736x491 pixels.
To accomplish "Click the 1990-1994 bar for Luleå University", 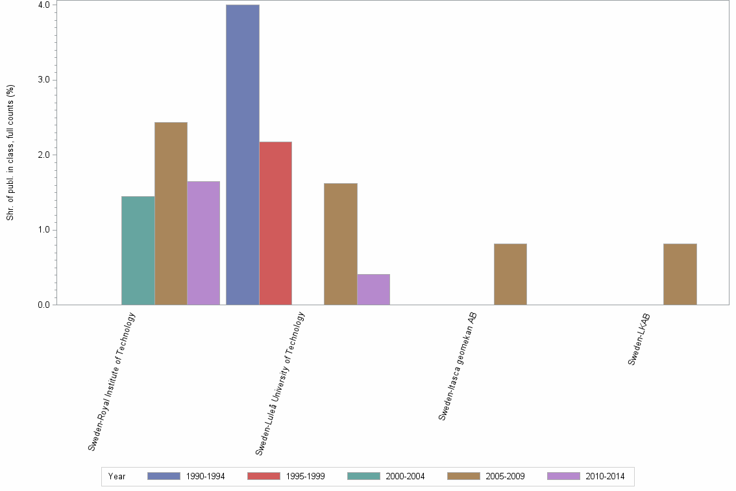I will point(243,155).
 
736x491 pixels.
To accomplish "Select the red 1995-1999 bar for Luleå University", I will point(275,223).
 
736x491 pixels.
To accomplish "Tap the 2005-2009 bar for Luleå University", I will point(340,244).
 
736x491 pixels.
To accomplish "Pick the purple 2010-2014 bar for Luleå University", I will point(373,289).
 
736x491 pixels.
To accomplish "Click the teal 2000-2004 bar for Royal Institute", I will point(138,250).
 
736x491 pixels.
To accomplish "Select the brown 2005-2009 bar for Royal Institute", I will point(171,213).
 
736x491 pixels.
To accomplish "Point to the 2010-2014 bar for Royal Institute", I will point(203,243).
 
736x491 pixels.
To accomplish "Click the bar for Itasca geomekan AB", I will point(510,274).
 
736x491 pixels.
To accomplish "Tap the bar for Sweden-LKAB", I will point(680,274).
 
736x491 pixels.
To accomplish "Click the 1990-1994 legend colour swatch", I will point(164,476).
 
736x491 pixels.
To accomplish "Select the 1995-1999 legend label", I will point(305,476).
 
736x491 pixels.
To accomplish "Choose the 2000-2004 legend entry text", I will point(405,476).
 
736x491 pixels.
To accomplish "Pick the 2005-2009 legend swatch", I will point(463,476).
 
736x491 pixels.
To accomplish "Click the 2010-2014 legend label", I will point(605,476).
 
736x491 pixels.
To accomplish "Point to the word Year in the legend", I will point(117,476).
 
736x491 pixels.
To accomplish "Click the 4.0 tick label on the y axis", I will point(44,5).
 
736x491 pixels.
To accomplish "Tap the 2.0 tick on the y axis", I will point(44,155).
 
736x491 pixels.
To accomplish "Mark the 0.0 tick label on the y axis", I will point(44,305).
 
